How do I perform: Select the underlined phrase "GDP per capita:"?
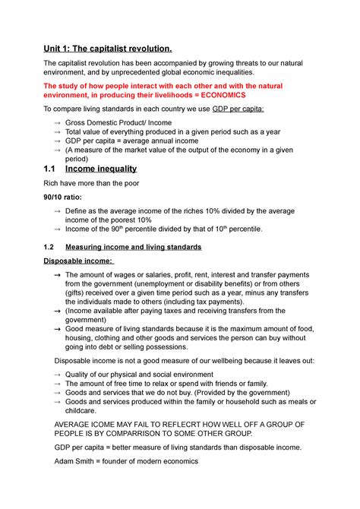[x=240, y=109]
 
